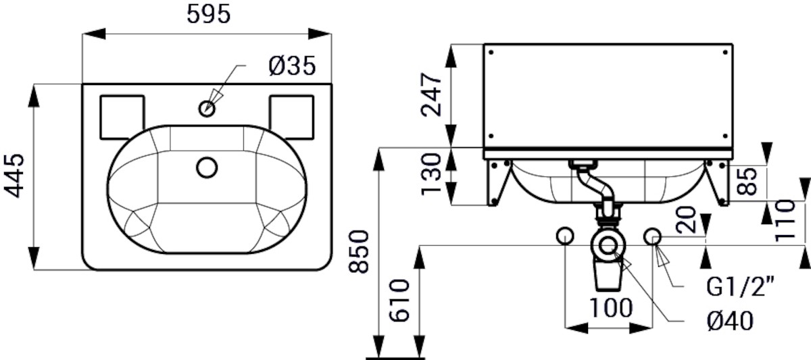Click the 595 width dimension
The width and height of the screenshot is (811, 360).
(209, 15)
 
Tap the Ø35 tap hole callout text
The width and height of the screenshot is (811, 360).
(292, 66)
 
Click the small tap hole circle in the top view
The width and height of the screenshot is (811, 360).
(207, 108)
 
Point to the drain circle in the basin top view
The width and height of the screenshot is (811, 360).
(207, 168)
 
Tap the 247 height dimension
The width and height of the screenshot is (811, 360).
(432, 95)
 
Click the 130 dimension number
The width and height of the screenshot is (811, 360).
(432, 174)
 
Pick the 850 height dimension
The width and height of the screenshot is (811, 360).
(358, 251)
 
